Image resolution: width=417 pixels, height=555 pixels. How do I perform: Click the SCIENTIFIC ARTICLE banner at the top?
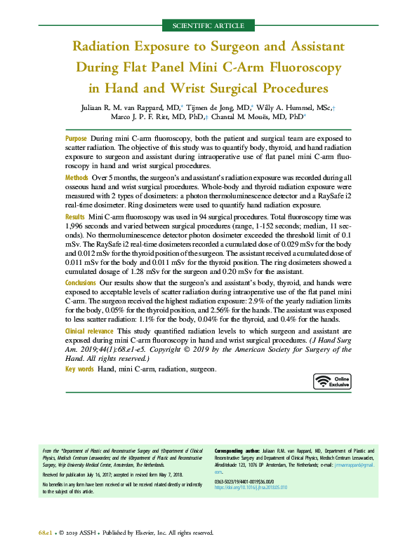click(x=208, y=26)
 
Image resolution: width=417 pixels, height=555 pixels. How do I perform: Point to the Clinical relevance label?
click(x=90, y=330)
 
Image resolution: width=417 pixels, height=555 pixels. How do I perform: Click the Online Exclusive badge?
click(x=332, y=381)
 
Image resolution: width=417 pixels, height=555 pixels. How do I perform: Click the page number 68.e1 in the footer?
click(x=48, y=533)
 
